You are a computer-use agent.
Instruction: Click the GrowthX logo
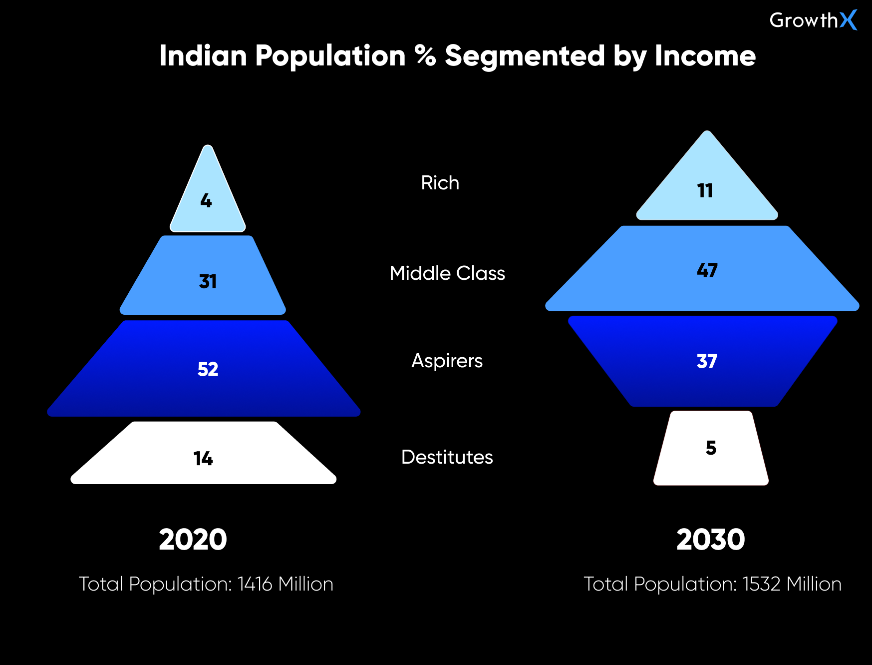pyautogui.click(x=813, y=20)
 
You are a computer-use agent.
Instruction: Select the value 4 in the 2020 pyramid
pyautogui.click(x=206, y=201)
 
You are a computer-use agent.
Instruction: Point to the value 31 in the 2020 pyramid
pyautogui.click(x=208, y=281)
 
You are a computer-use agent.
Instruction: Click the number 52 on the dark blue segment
pyautogui.click(x=208, y=369)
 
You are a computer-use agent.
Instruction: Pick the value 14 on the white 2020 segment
pyautogui.click(x=203, y=459)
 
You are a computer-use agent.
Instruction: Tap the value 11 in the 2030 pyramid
pyautogui.click(x=705, y=191)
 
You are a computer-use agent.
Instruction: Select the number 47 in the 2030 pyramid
pyautogui.click(x=707, y=270)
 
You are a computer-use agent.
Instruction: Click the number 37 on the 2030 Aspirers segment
pyautogui.click(x=707, y=361)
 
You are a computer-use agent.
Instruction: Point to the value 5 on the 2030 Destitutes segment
pyautogui.click(x=711, y=448)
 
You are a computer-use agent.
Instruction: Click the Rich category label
pyautogui.click(x=440, y=183)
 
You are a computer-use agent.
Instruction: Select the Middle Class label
pyautogui.click(x=447, y=273)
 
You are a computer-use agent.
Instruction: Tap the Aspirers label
pyautogui.click(x=447, y=361)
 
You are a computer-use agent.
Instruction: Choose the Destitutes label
pyautogui.click(x=447, y=457)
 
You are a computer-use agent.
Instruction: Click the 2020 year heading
pyautogui.click(x=193, y=540)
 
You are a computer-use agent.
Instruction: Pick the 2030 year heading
pyautogui.click(x=710, y=540)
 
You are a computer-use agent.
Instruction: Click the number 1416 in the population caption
pyautogui.click(x=255, y=584)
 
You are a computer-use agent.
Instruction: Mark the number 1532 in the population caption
pyautogui.click(x=761, y=584)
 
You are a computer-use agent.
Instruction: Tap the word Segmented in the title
pyautogui.click(x=525, y=55)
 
